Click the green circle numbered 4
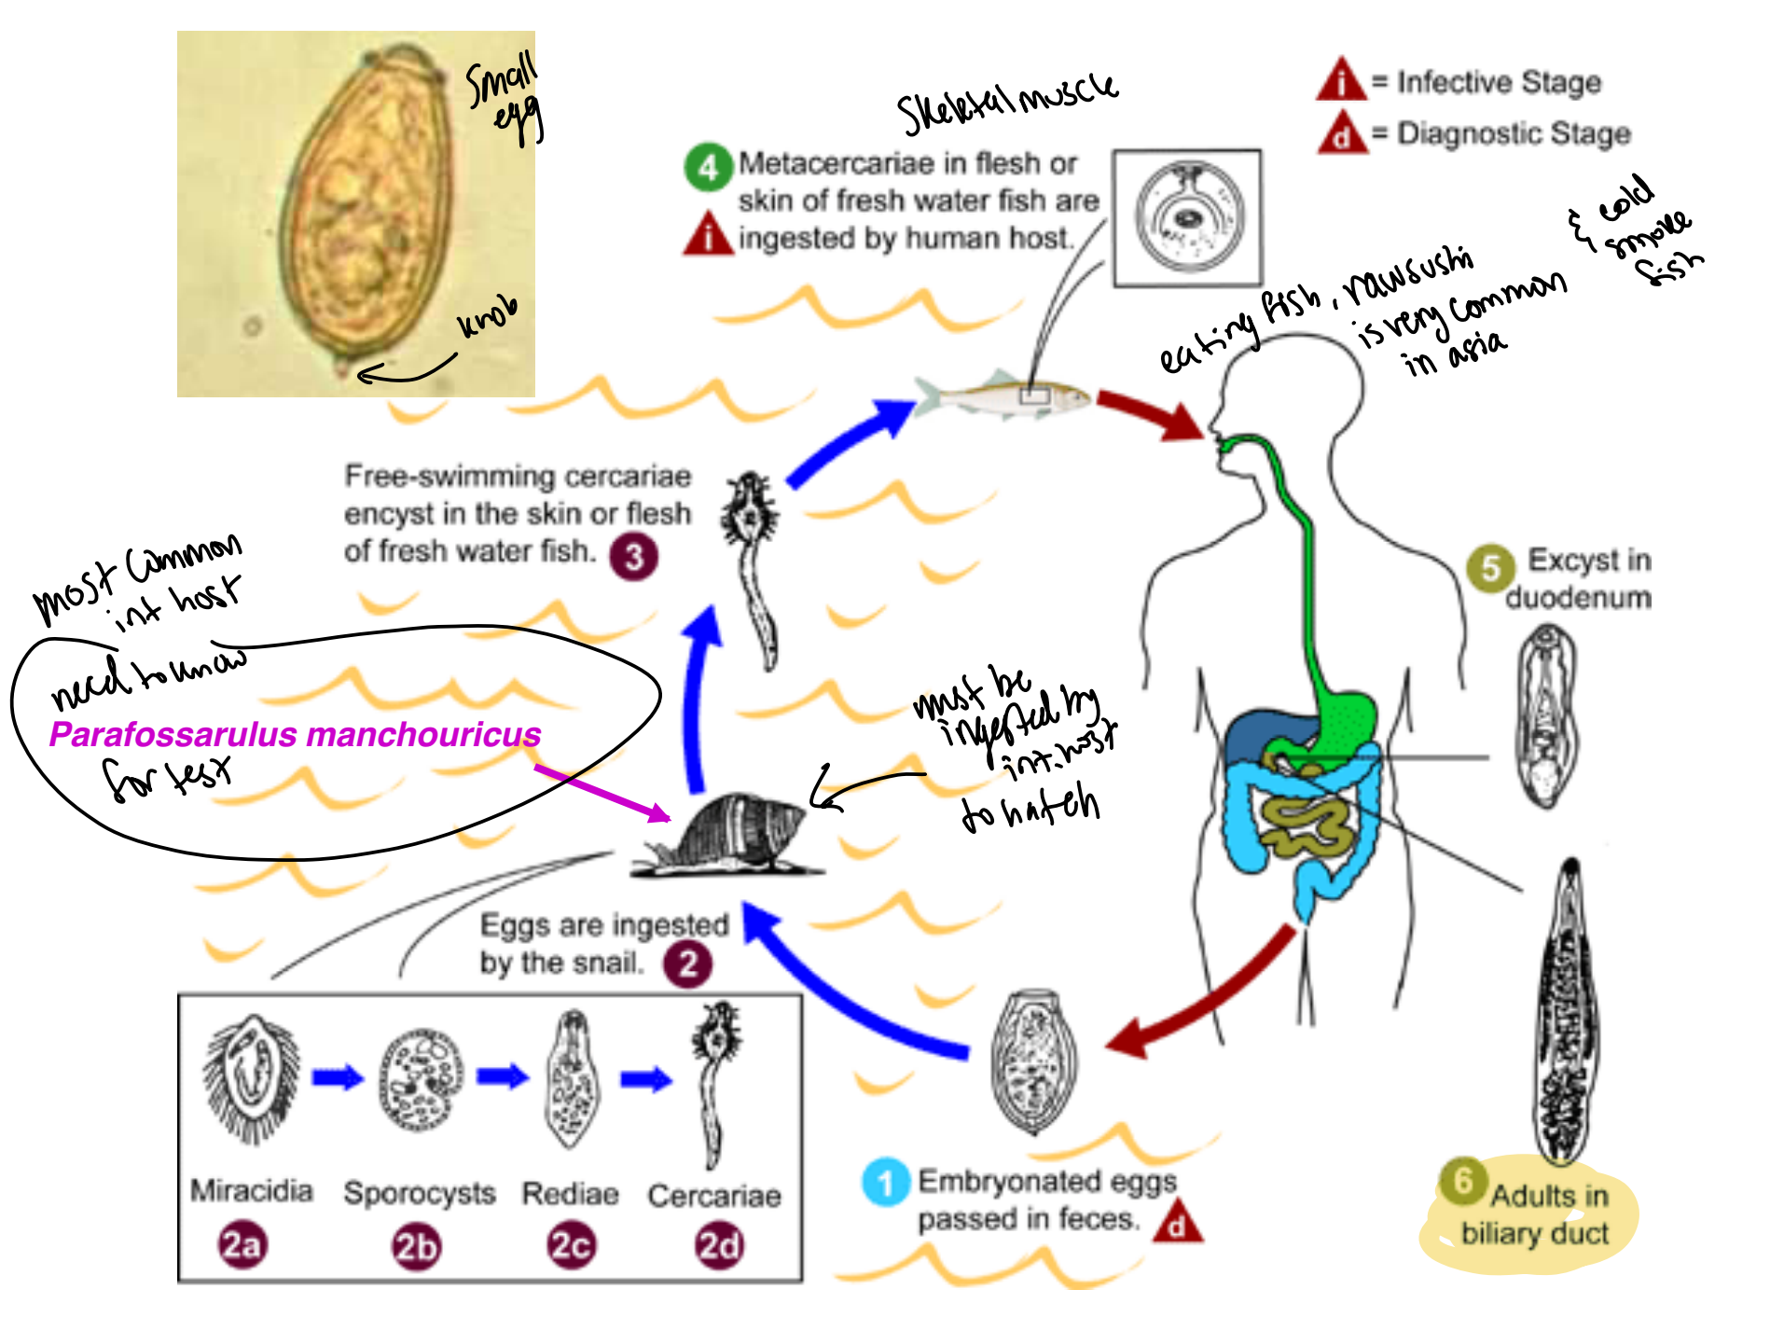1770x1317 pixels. point(708,168)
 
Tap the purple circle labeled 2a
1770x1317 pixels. point(242,1245)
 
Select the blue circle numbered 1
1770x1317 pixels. point(885,1183)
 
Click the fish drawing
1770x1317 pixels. point(1003,396)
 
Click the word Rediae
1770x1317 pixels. point(570,1194)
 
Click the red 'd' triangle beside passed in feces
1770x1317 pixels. point(1178,1224)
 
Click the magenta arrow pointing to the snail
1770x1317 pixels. point(602,793)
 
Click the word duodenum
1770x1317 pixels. point(1578,598)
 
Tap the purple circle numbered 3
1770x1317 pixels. point(634,557)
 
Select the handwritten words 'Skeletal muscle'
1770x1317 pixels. point(1006,103)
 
